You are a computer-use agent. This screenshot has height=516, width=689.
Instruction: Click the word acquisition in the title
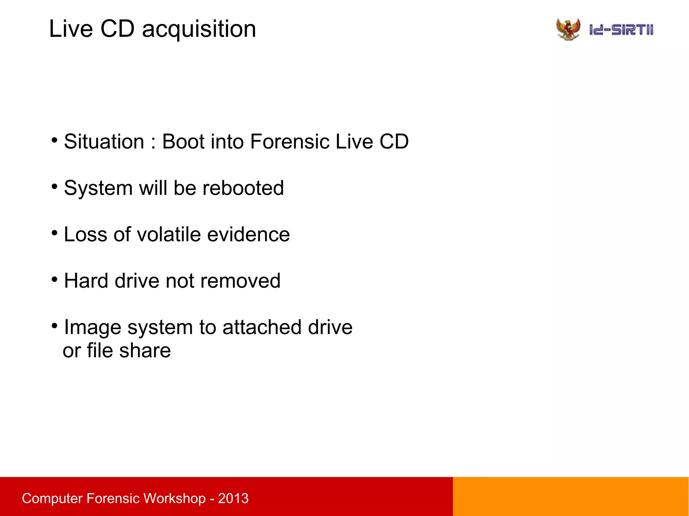199,29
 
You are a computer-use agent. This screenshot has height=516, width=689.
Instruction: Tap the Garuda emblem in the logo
568,30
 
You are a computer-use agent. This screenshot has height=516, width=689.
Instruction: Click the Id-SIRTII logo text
621,30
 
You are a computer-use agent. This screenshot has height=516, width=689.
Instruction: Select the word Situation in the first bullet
104,142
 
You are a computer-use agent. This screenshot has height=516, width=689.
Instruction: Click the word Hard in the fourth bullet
86,281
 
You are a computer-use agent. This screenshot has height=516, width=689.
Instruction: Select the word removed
240,281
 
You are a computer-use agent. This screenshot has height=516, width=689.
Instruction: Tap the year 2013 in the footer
233,498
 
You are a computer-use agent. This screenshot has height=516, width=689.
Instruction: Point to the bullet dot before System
55,186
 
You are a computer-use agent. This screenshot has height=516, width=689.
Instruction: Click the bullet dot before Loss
55,232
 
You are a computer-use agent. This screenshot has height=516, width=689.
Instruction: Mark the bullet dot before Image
55,325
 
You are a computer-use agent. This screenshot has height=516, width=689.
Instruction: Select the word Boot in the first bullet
183,142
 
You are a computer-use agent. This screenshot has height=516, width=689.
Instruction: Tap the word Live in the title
71,29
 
